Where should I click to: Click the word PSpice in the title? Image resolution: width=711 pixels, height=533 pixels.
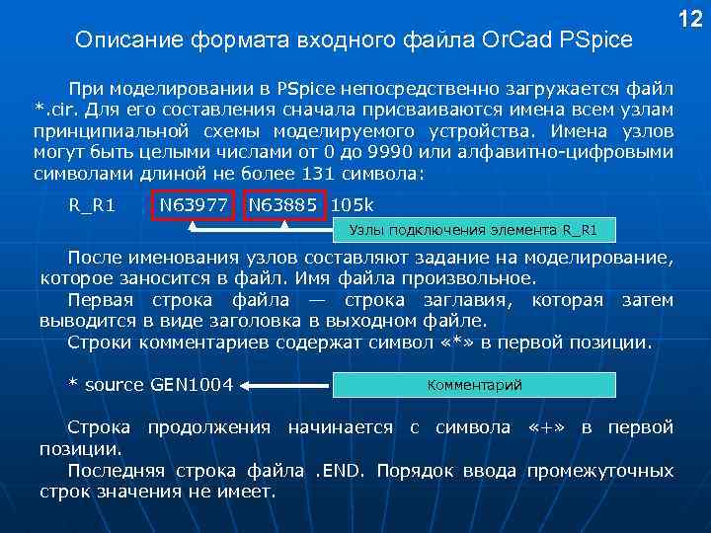pyautogui.click(x=597, y=41)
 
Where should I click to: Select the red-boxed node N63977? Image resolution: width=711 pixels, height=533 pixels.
pyautogui.click(x=194, y=205)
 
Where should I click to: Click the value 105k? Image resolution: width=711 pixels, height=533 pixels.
pyautogui.click(x=353, y=205)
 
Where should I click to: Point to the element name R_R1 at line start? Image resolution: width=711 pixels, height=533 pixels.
pyautogui.click(x=91, y=205)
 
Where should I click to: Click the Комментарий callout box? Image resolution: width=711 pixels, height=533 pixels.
pyautogui.click(x=474, y=385)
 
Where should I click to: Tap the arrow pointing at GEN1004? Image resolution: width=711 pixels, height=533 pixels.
pyautogui.click(x=286, y=385)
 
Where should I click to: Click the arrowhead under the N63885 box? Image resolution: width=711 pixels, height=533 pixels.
pyautogui.click(x=283, y=226)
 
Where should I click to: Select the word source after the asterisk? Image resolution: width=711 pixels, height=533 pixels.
pyautogui.click(x=115, y=385)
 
